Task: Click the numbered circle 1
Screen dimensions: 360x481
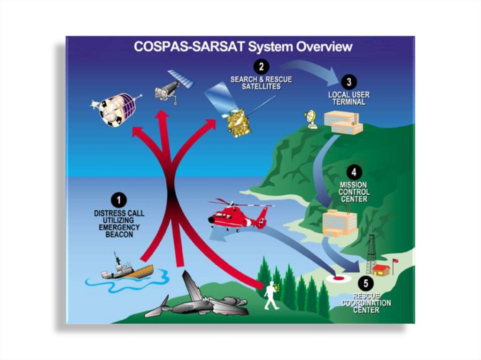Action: tap(119, 200)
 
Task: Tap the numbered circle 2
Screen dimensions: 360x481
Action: tap(261, 65)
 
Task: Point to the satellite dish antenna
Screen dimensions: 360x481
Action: tap(311, 119)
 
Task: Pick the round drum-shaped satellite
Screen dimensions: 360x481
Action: tap(114, 109)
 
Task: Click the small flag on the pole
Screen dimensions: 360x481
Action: tap(396, 260)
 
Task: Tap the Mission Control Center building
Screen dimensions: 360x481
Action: tap(340, 222)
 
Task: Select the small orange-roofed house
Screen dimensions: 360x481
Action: tap(380, 270)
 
